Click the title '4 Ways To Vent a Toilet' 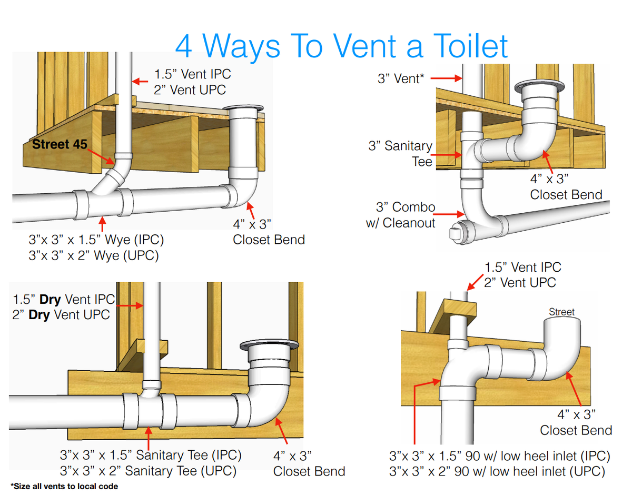341,46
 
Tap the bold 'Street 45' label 60,144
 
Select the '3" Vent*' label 401,78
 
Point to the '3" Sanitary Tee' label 400,153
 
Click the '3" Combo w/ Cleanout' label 400,215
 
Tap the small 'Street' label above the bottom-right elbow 561,312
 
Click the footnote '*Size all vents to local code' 64,486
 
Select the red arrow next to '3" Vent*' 446,78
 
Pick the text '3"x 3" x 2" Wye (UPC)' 94,255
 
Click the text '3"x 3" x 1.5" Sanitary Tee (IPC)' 151,455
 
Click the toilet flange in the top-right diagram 539,86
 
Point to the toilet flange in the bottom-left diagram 269,345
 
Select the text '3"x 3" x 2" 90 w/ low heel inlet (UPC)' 497,471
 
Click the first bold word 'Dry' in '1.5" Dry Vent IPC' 50,300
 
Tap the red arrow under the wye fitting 102,224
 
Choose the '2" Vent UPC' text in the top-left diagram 190,90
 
